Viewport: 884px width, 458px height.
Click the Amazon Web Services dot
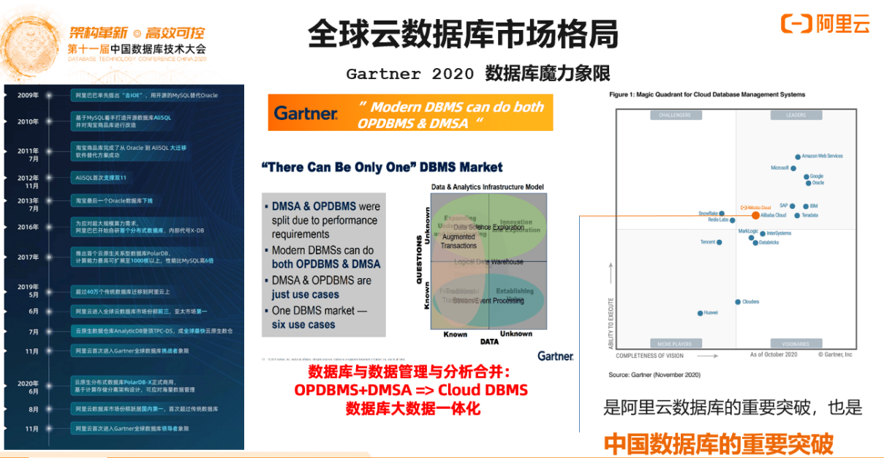pyautogui.click(x=798, y=157)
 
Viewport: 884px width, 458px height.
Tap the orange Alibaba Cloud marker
pyautogui.click(x=755, y=216)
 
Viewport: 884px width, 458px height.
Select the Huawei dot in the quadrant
pyautogui.click(x=700, y=313)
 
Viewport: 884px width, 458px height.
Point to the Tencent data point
pyautogui.click(x=719, y=242)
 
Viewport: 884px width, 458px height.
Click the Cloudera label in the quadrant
pyautogui.click(x=751, y=301)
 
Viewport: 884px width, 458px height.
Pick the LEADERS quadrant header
pyautogui.click(x=796, y=115)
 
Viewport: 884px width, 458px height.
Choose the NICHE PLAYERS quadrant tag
pyautogui.click(x=675, y=342)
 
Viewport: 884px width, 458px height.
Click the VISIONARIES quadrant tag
pyautogui.click(x=796, y=342)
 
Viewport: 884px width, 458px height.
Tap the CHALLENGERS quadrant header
pyautogui.click(x=675, y=115)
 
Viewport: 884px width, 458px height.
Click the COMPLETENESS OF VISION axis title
pyautogui.click(x=650, y=356)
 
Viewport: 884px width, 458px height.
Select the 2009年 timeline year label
pyautogui.click(x=28, y=95)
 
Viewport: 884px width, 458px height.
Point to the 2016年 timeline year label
pyautogui.click(x=28, y=227)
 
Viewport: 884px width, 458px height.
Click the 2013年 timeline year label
pyautogui.click(x=28, y=200)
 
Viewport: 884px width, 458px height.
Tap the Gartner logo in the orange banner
pyautogui.click(x=306, y=113)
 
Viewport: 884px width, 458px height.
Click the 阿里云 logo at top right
pyautogui.click(x=826, y=23)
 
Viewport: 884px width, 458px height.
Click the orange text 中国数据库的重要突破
pyautogui.click(x=718, y=443)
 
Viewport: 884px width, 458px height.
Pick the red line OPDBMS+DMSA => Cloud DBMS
pyautogui.click(x=411, y=390)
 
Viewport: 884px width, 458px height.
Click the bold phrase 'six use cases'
pyautogui.click(x=303, y=324)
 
